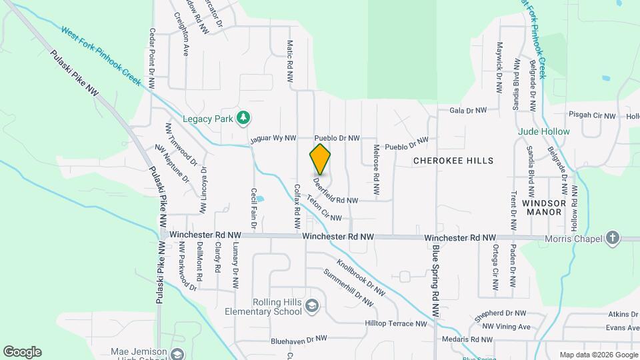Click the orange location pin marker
320,159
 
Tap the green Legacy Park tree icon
244,117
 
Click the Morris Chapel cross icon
612,238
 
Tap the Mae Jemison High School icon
177,353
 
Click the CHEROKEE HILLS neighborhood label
453,161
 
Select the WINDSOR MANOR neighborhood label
544,207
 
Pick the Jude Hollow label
544,131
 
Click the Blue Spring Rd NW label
435,280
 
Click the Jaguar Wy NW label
273,139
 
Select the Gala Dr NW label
468,110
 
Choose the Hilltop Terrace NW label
395,323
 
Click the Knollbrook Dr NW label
361,277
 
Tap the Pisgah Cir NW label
591,115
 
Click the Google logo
22,351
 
